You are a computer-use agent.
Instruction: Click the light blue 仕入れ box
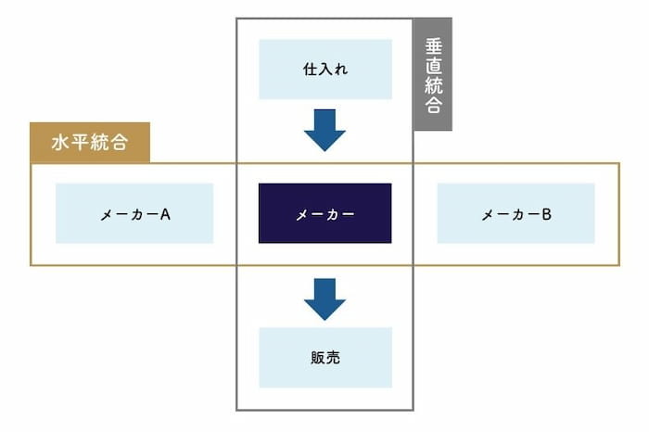click(x=324, y=69)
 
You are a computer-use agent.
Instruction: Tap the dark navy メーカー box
click(x=324, y=213)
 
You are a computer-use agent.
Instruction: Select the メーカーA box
click(x=134, y=213)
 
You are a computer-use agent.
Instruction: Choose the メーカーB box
click(x=515, y=213)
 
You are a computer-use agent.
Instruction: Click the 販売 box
click(x=324, y=357)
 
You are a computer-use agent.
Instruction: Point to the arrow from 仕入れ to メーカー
click(x=324, y=129)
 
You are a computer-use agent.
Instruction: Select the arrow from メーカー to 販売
click(x=324, y=298)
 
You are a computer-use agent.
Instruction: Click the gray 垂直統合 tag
click(x=432, y=74)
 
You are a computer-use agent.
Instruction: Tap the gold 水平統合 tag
click(x=89, y=143)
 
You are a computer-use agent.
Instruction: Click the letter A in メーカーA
click(x=165, y=214)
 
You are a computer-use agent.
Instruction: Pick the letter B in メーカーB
click(x=547, y=214)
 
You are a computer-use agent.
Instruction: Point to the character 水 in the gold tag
click(x=60, y=144)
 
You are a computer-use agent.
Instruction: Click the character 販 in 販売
click(x=316, y=357)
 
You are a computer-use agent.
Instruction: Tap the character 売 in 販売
click(x=333, y=357)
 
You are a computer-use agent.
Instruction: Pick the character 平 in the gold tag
click(x=80, y=144)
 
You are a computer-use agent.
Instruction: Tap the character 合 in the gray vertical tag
click(x=433, y=105)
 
